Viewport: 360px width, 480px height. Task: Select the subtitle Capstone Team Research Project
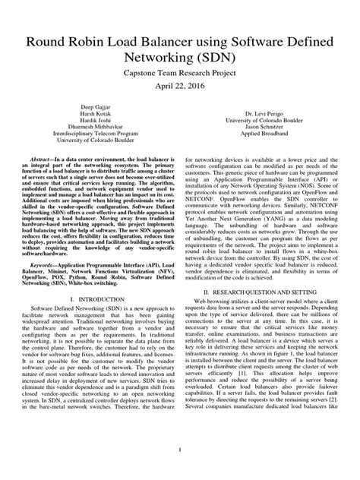pyautogui.click(x=180, y=72)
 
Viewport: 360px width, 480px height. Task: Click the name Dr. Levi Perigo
pyautogui.click(x=261, y=115)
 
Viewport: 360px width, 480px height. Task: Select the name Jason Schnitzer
pyautogui.click(x=261, y=131)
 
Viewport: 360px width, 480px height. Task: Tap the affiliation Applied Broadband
pyautogui.click(x=261, y=140)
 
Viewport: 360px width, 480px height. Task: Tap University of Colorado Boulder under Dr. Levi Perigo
pyautogui.click(x=261, y=123)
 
